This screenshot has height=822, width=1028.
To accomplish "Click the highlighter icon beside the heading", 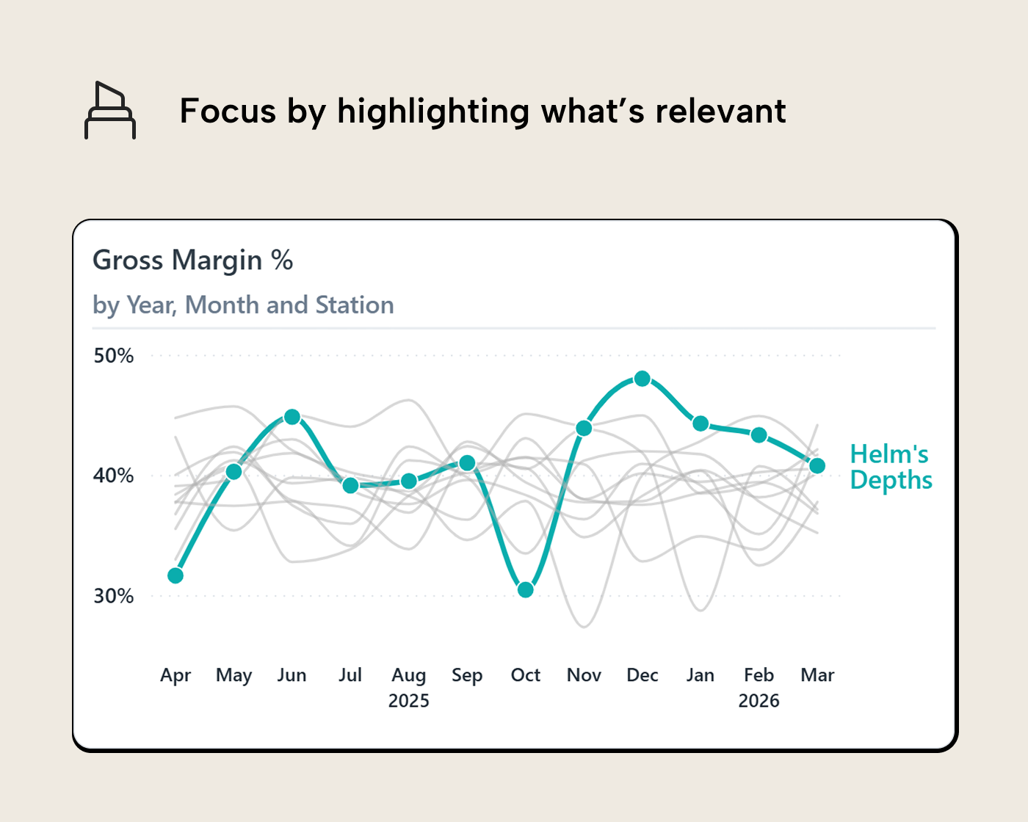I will (110, 111).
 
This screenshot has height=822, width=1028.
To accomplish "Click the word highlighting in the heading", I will (433, 112).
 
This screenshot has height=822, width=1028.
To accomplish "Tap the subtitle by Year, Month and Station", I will (243, 305).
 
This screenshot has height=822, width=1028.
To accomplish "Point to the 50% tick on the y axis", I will (114, 356).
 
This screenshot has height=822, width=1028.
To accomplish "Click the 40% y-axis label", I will (114, 476).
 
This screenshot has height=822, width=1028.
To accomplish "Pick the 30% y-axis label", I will (114, 596).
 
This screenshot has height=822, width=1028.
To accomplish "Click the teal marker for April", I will (175, 575).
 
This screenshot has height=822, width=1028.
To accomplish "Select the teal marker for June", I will (292, 417).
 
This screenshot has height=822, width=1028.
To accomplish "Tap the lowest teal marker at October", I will (526, 589).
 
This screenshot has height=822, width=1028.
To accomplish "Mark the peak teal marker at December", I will (642, 379).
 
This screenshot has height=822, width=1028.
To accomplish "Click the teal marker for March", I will (817, 466).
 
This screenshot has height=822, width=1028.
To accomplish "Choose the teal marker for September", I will (467, 463).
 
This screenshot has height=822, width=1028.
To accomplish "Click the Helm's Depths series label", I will (891, 467).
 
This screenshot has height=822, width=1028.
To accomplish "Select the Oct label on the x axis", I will (526, 675).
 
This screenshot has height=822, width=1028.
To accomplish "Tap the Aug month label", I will (409, 675).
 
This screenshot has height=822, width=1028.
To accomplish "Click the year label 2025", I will (409, 701).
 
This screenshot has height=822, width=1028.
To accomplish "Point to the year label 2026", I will (759, 701).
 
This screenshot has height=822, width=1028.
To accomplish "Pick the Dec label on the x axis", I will (642, 675).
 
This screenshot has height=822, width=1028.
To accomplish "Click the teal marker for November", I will (584, 428).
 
